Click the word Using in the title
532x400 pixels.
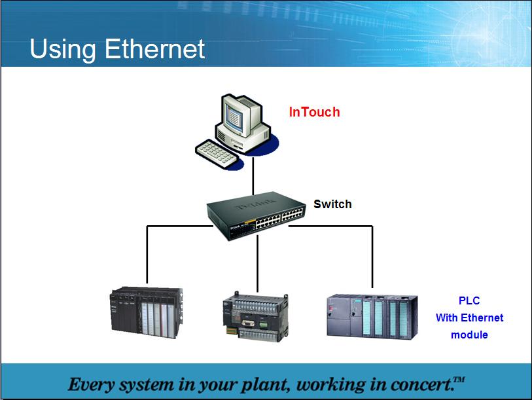click(63, 50)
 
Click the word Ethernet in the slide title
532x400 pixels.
click(154, 49)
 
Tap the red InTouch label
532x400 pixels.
click(314, 112)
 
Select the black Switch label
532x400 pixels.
click(332, 204)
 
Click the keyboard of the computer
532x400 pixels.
click(217, 153)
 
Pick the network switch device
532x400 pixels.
click(257, 215)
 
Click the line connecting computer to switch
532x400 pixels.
click(253, 176)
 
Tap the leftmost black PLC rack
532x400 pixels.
click(147, 312)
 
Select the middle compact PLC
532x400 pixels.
click(255, 317)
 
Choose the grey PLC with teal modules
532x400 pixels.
click(372, 317)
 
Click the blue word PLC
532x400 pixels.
click(469, 300)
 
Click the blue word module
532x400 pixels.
click(469, 335)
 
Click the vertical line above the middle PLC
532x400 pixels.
click(258, 263)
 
